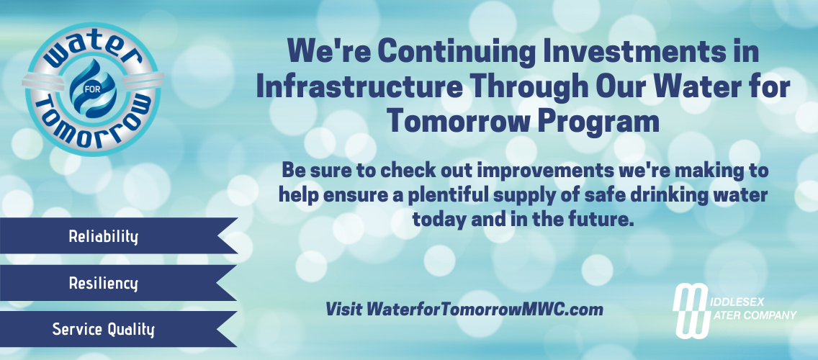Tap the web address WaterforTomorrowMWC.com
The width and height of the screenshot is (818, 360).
[485, 309]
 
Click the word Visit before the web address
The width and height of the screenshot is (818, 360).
[343, 309]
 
